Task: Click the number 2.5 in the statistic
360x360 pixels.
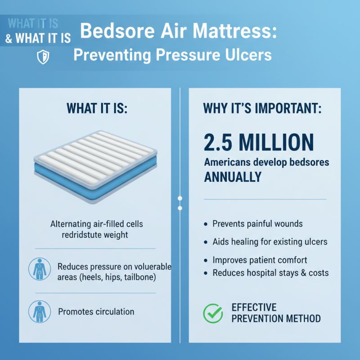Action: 220,142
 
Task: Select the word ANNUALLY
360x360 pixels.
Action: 233,177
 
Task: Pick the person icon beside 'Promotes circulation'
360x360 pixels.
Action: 37,311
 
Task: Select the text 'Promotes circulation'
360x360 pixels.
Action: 96,311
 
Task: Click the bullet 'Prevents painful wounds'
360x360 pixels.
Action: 257,224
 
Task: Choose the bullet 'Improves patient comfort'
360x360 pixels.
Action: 260,260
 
